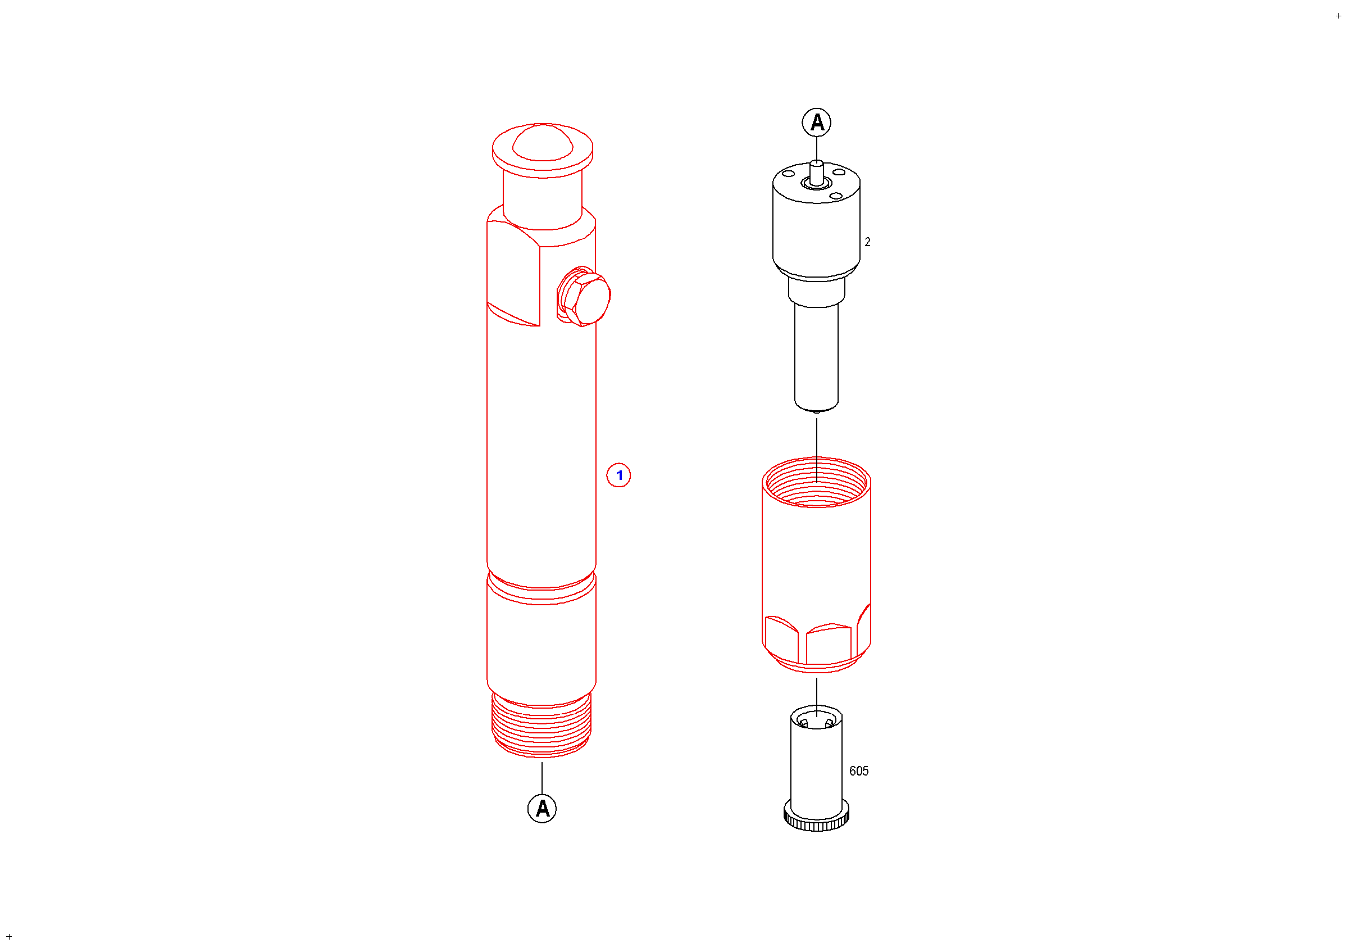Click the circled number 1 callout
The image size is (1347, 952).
[618, 475]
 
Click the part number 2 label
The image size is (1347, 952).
[867, 242]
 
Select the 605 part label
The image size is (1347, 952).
[859, 771]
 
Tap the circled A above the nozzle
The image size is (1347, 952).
[817, 123]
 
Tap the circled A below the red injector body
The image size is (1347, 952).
[542, 809]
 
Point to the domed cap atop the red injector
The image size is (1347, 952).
[543, 142]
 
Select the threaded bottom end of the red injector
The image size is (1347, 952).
[541, 726]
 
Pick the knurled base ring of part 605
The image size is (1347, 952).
[816, 817]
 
